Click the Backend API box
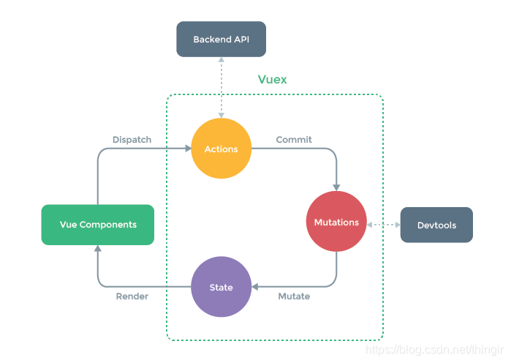(x=221, y=39)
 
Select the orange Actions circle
(x=221, y=149)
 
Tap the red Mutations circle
(x=336, y=222)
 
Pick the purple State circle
(x=221, y=287)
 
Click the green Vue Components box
(x=98, y=225)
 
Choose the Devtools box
(x=436, y=225)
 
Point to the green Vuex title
(x=272, y=80)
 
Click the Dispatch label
(x=132, y=139)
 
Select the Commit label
(x=294, y=139)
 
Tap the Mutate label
(x=294, y=296)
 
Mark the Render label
(x=132, y=296)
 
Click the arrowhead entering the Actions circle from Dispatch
(x=187, y=149)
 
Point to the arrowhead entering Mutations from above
(x=336, y=187)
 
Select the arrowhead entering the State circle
(x=256, y=287)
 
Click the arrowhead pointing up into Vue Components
(x=98, y=249)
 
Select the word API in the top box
(x=241, y=39)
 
